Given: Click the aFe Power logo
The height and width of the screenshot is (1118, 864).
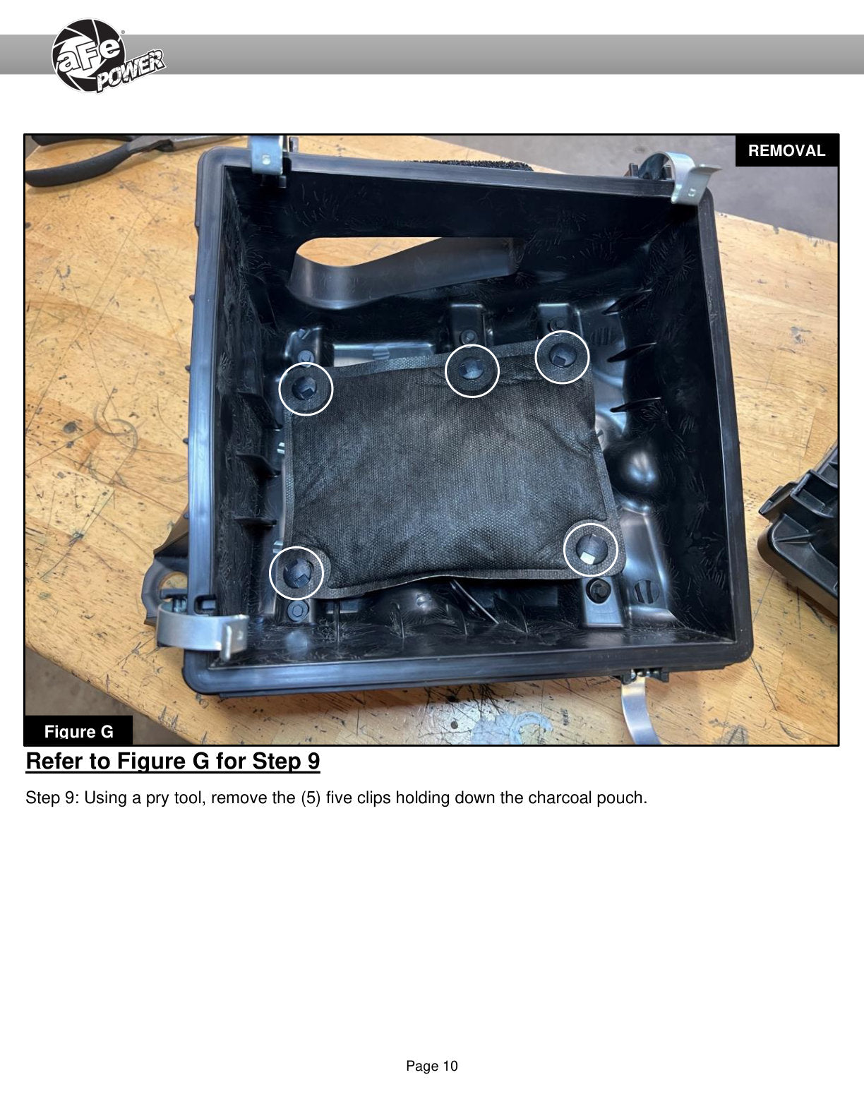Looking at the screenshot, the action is pyautogui.click(x=108, y=56).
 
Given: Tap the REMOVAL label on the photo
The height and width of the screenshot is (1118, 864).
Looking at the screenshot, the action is pyautogui.click(x=786, y=151).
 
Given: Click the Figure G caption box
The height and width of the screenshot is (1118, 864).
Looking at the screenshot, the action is pyautogui.click(x=78, y=731).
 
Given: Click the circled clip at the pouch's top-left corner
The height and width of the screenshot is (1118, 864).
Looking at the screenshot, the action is pyautogui.click(x=306, y=388).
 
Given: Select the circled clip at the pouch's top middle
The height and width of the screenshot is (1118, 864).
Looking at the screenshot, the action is pyautogui.click(x=472, y=371).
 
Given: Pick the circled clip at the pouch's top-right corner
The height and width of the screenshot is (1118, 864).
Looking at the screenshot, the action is pyautogui.click(x=562, y=357).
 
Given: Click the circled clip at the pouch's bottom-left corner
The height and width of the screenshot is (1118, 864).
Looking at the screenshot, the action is pyautogui.click(x=296, y=572).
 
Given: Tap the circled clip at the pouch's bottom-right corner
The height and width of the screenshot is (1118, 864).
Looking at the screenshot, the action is pyautogui.click(x=591, y=550).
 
